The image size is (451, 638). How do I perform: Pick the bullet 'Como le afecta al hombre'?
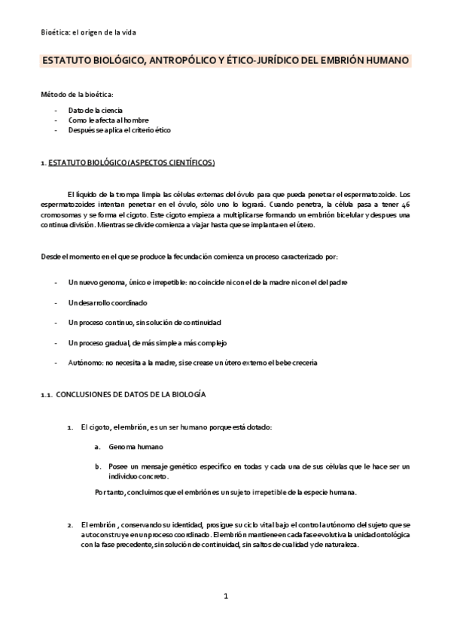click(108, 120)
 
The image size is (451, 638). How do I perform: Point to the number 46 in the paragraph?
click(405, 205)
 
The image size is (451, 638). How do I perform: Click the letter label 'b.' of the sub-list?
click(98, 466)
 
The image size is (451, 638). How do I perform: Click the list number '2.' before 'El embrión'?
click(70, 524)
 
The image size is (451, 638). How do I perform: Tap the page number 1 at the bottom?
click(225, 597)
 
